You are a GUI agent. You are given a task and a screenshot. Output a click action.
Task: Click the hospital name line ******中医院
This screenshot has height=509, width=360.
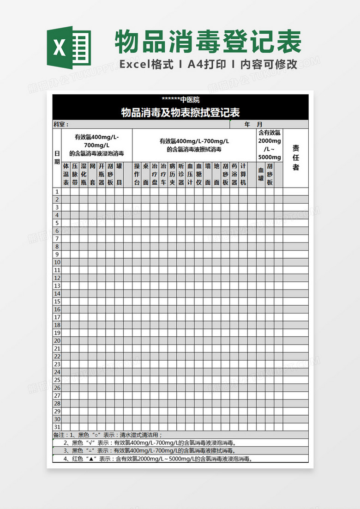[180, 99]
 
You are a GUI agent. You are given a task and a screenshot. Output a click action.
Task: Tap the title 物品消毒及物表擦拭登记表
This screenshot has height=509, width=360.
[180, 112]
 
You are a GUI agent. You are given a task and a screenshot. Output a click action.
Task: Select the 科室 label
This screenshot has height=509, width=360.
[61, 124]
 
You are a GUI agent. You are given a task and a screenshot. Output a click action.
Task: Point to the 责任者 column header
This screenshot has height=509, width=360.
[296, 158]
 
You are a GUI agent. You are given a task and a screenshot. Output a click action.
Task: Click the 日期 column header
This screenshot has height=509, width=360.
[57, 158]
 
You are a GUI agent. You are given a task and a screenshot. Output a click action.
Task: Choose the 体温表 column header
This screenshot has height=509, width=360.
[66, 174]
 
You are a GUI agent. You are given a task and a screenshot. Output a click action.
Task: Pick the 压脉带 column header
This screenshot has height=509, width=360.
[75, 174]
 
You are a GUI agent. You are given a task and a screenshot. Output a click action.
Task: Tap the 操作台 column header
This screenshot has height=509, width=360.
[137, 174]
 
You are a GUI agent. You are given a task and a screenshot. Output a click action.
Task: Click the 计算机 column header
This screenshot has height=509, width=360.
[243, 174]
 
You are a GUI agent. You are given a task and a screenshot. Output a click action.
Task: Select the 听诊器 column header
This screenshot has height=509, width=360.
[181, 174]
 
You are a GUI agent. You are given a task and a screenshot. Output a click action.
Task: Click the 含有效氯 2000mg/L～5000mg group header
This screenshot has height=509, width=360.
[270, 145]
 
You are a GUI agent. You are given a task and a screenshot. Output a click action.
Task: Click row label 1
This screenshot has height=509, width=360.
[57, 192]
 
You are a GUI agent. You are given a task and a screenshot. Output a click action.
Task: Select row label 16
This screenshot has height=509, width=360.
[57, 309]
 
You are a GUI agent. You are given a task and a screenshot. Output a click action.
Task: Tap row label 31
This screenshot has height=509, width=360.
[57, 427]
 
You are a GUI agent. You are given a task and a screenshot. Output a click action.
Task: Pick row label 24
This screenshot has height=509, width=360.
[57, 372]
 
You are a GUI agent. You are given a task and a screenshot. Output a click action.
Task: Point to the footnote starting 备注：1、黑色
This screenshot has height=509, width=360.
[108, 435]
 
